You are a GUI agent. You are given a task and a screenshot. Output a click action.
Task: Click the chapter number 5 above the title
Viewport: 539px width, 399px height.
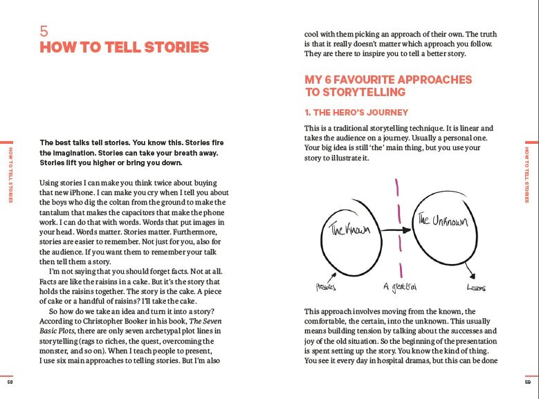[44, 32]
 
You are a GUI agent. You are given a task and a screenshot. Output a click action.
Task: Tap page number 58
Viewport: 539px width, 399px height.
[10, 382]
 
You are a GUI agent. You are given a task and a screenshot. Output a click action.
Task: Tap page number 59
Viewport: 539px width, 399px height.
[529, 382]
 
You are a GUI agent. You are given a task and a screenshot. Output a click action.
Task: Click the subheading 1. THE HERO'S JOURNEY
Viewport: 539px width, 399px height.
[356, 112]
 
